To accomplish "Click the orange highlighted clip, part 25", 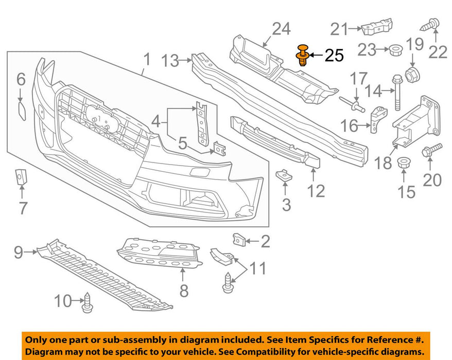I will tap(303, 55).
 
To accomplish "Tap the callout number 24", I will tap(281, 29).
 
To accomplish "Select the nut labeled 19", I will tap(411, 75).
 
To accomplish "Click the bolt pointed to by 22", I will tap(432, 23).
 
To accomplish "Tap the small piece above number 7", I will tap(21, 176).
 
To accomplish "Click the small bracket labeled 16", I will tap(378, 120).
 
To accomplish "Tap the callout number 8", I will tap(184, 291).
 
